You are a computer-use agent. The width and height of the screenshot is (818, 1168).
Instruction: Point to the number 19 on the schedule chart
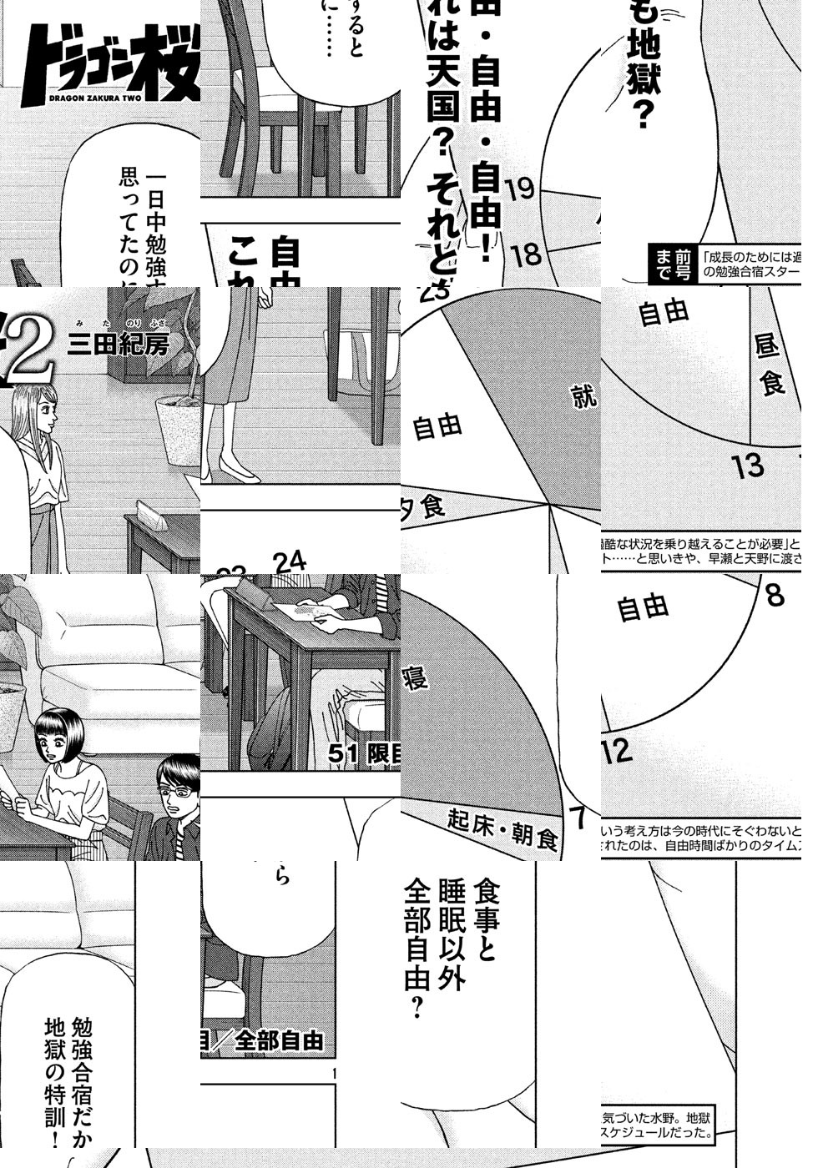[518, 189]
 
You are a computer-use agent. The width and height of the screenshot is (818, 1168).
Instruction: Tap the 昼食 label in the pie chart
[770, 364]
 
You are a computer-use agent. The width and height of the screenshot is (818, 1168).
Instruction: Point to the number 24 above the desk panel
[289, 561]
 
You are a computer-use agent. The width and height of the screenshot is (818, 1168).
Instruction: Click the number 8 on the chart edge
[775, 596]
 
